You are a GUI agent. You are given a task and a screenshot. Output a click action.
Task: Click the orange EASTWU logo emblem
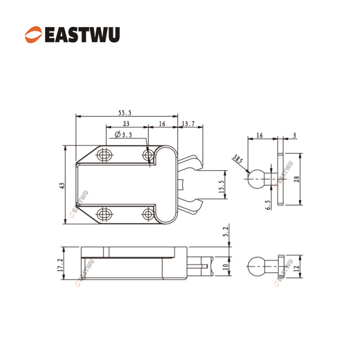click(34, 34)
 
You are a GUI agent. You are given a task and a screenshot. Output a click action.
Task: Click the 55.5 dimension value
click(125, 112)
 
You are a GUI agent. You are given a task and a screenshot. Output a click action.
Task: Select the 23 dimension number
click(126, 124)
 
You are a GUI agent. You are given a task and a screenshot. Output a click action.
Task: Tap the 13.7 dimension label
click(188, 124)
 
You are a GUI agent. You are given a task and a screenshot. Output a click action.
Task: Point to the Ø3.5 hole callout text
click(123, 134)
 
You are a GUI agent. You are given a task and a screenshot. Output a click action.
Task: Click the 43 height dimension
click(62, 186)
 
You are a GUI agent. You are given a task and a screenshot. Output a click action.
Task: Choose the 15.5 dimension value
click(221, 186)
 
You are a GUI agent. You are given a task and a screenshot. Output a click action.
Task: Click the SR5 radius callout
click(237, 159)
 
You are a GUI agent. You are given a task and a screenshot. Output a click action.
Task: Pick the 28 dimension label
click(296, 179)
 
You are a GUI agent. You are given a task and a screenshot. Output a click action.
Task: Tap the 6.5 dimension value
click(268, 205)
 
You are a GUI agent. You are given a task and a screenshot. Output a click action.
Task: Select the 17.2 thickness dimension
click(60, 265)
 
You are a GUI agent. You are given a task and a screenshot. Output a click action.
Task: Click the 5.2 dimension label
click(226, 232)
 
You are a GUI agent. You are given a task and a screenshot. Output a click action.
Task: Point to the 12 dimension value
click(296, 268)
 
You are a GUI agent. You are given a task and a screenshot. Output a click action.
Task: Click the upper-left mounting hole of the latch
click(105, 155)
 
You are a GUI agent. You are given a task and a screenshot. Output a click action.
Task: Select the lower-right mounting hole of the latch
click(148, 214)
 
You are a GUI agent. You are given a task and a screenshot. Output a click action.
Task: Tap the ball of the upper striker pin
click(256, 179)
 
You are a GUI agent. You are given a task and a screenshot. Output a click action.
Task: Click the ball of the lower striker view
click(256, 266)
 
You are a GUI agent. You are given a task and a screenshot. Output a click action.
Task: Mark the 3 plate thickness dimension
click(295, 135)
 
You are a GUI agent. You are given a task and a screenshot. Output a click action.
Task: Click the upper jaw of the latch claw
click(190, 163)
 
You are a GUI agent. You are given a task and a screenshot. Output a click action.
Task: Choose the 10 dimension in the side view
click(226, 267)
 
